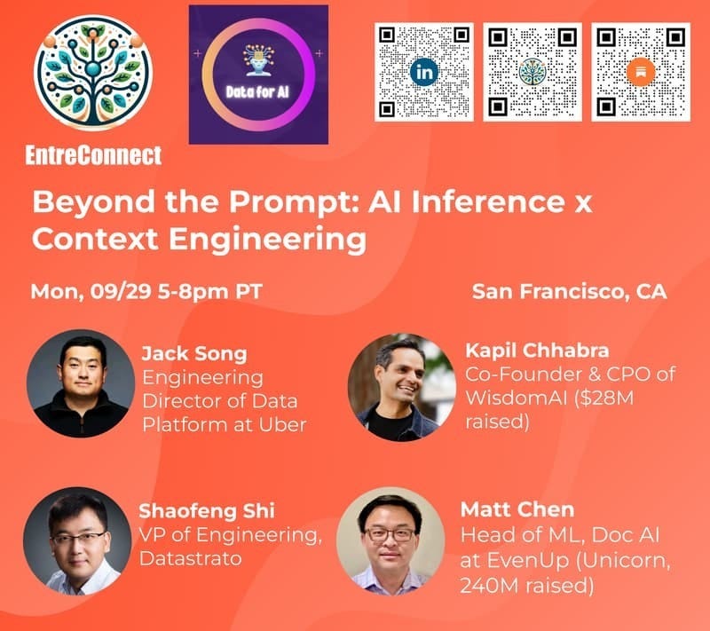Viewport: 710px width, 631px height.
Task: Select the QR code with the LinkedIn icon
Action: pos(424,71)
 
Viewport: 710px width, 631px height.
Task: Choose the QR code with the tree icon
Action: pos(532,71)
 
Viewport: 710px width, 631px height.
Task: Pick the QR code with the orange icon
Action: pos(640,71)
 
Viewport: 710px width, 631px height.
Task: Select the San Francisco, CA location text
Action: pos(569,292)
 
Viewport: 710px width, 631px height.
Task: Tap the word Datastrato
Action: pos(188,559)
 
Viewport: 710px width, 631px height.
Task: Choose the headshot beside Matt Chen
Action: pos(390,540)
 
